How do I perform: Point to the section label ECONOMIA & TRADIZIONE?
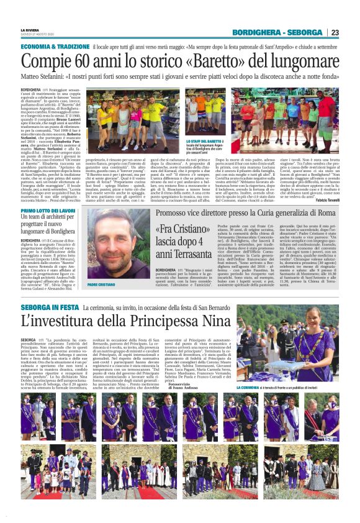55,47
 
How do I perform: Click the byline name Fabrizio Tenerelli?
325,199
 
